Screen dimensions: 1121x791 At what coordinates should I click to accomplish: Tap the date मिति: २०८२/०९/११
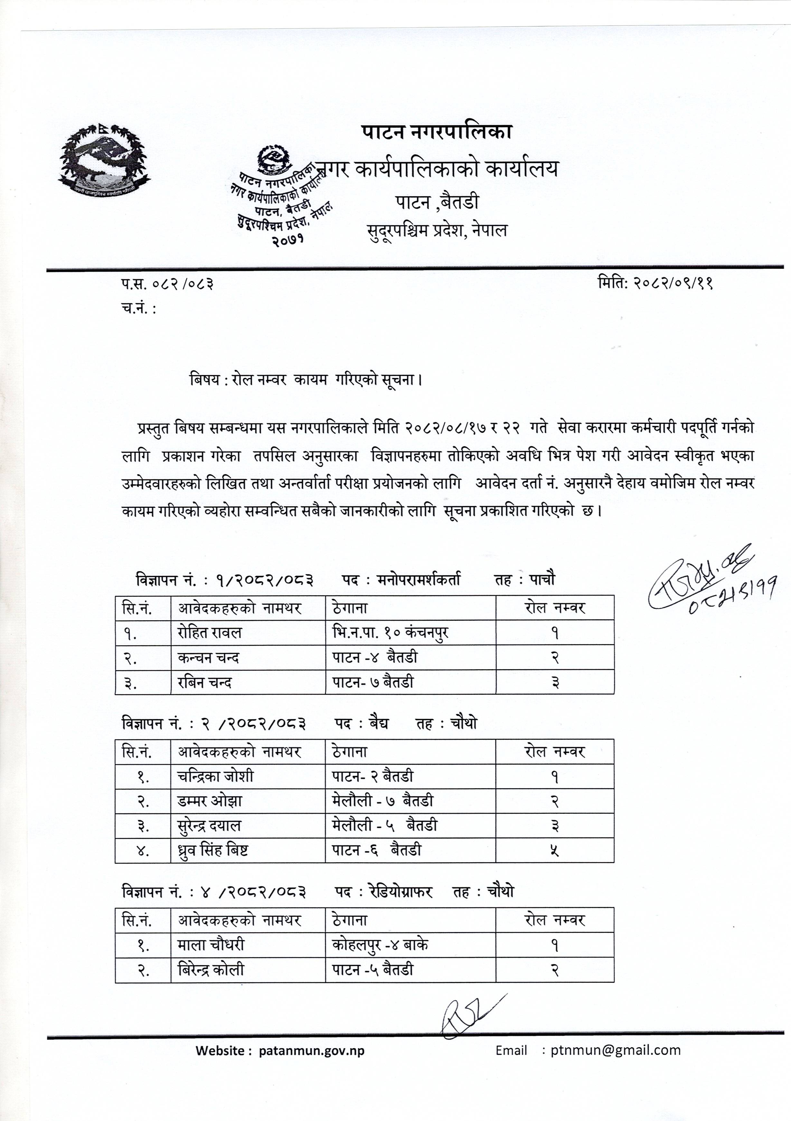pyautogui.click(x=655, y=283)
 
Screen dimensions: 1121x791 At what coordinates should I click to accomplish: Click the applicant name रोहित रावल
pyautogui.click(x=210, y=633)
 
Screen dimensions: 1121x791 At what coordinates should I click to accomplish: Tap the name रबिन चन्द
pyautogui.click(x=205, y=682)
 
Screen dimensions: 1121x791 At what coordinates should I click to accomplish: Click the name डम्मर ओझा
pyautogui.click(x=210, y=801)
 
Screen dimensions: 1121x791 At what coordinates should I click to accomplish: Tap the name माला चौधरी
pyautogui.click(x=211, y=945)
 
